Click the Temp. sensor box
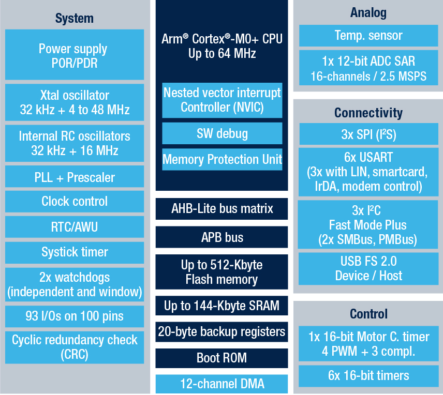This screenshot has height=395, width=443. point(368,36)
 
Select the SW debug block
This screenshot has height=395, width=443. point(222,133)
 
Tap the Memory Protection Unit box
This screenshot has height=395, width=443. point(222,159)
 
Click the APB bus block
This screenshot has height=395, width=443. point(222,237)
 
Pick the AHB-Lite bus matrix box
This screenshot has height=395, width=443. point(222,209)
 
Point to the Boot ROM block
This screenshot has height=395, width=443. point(222,358)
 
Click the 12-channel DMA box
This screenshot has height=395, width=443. point(222,384)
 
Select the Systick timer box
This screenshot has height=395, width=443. point(75,252)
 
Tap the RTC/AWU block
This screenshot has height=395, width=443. point(75,227)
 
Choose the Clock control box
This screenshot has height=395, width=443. point(75,201)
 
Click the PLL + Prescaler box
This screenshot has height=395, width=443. point(75,177)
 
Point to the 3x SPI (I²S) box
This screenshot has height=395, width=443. point(368,134)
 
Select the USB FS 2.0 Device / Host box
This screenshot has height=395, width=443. point(368,268)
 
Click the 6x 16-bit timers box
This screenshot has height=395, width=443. point(368,376)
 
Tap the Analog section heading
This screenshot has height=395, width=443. point(368,13)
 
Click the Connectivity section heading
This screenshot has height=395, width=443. point(368,113)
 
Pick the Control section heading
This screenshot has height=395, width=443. point(368,314)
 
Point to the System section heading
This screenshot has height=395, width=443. point(75,18)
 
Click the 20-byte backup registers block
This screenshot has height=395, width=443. point(222,332)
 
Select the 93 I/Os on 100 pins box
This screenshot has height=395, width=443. point(75,316)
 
